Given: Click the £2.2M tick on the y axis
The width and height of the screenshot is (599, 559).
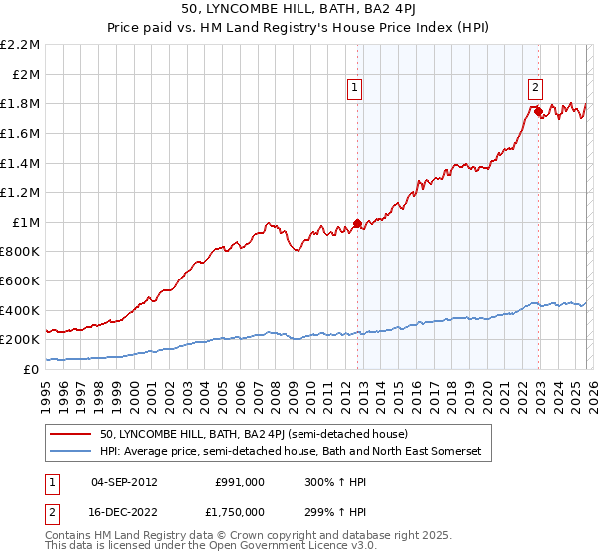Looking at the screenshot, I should (20, 45).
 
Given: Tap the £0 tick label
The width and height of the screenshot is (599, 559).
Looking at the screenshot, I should (30, 369).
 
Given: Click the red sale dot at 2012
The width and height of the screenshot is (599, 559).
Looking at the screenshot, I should (357, 224).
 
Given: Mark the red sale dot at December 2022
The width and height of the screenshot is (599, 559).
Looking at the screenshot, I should (538, 111).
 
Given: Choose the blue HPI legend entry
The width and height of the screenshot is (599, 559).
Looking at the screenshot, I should (290, 452).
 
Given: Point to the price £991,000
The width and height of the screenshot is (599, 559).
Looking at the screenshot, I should (240, 481).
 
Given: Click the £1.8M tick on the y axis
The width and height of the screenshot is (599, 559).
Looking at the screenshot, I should (20, 104).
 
